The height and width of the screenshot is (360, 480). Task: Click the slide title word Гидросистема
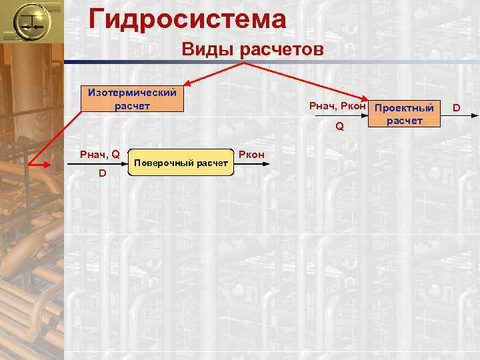pos(187,19)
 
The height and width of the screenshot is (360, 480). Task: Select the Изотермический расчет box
pos(129,99)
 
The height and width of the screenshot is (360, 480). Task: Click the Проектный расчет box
pos(404,113)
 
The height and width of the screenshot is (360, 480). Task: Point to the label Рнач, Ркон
pos(337,106)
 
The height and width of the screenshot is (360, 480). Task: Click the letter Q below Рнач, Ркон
pos(339,125)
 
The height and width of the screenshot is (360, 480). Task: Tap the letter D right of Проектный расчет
pos(457,106)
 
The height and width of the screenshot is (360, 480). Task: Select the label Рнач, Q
pos(99,155)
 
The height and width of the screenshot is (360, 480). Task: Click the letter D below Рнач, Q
pos(102,173)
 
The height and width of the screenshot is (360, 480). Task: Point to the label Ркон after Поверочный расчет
pos(251,155)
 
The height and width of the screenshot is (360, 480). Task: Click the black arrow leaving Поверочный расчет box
pos(253,163)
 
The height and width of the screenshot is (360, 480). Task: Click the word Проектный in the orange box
pos(404,108)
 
